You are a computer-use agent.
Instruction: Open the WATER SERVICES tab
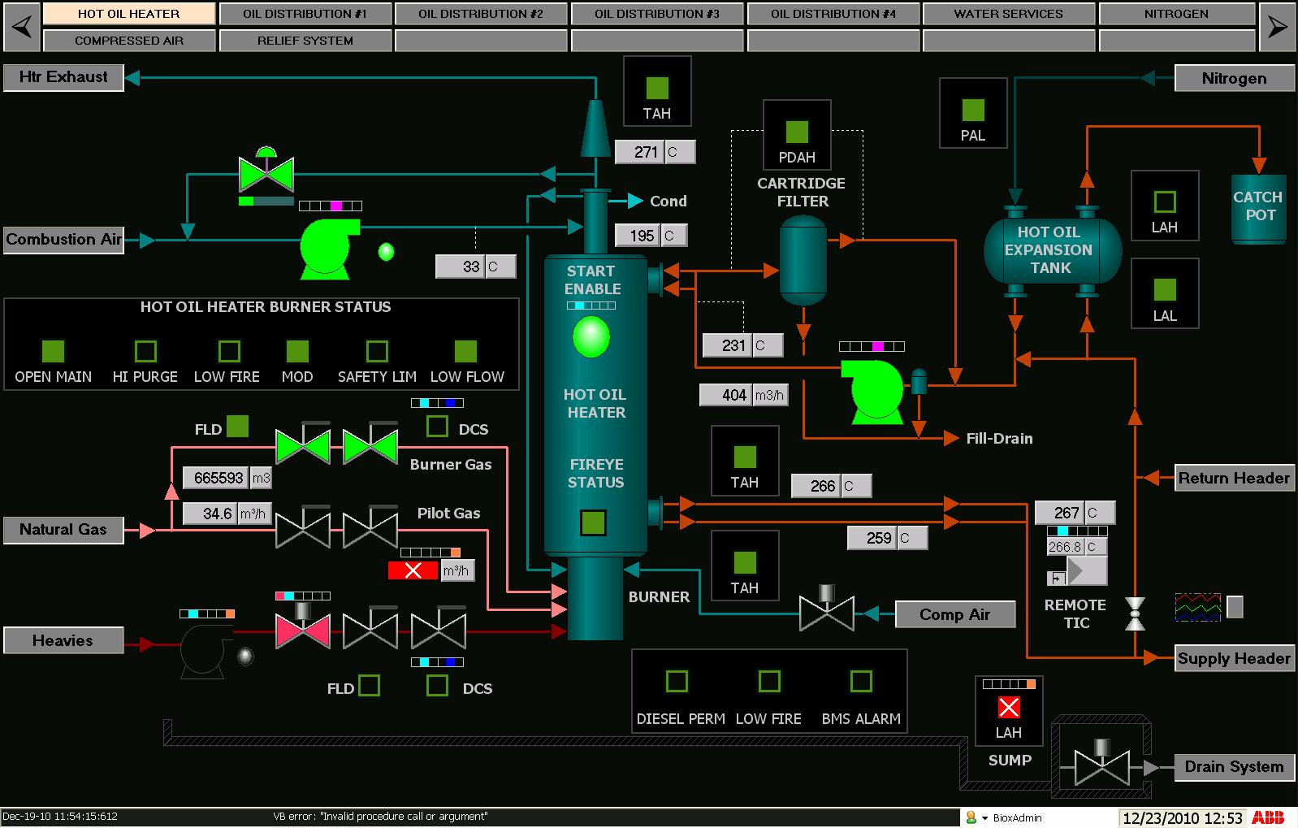(1008, 14)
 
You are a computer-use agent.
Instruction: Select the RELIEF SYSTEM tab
(305, 41)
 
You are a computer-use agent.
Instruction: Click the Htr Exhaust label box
(63, 77)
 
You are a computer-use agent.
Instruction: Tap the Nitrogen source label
(1233, 79)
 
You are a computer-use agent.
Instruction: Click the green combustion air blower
(328, 249)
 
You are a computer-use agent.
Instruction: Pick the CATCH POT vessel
(1258, 207)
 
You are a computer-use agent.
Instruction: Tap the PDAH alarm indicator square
(797, 132)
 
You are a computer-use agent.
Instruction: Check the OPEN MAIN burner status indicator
(53, 351)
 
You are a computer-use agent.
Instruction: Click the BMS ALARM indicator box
(860, 681)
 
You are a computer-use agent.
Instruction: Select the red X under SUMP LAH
(1009, 708)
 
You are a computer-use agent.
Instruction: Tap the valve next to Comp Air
(826, 612)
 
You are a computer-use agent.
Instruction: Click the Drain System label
(1233, 767)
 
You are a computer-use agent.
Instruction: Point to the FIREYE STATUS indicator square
(593, 522)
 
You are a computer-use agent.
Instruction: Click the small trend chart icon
(1197, 607)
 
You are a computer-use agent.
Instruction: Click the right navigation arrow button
(1277, 27)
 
